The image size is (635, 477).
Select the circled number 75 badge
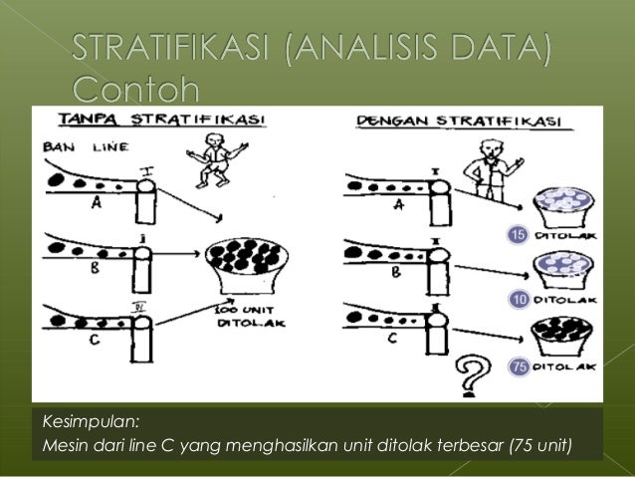pos(518,367)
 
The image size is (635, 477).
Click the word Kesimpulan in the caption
pos(85,420)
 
